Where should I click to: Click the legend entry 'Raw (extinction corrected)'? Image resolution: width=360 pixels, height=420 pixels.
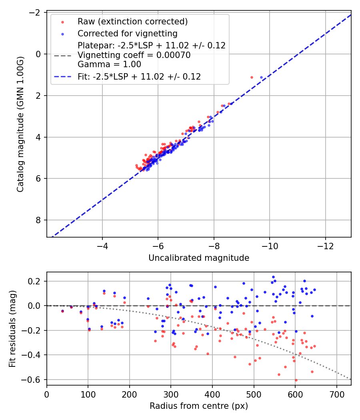(132, 21)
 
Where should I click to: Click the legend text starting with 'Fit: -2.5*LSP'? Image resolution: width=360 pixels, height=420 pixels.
(139, 77)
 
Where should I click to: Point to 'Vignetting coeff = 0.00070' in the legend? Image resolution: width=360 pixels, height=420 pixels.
(134, 55)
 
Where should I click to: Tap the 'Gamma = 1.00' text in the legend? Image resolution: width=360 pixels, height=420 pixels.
(109, 64)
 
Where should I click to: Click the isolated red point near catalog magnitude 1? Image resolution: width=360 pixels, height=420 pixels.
(252, 77)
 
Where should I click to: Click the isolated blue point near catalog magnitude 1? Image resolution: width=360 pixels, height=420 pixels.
(261, 77)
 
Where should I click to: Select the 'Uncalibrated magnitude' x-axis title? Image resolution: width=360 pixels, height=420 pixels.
(199, 258)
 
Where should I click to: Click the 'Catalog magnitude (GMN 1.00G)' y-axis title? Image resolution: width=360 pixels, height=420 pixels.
(20, 124)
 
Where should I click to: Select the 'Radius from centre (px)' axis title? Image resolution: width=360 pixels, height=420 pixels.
(199, 406)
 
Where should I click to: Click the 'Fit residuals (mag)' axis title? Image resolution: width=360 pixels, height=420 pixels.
(12, 328)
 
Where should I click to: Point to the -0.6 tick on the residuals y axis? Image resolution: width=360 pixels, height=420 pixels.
(34, 379)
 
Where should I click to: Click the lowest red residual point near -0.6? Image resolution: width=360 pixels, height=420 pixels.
(296, 380)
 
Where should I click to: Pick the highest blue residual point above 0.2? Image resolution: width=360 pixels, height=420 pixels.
(273, 277)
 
